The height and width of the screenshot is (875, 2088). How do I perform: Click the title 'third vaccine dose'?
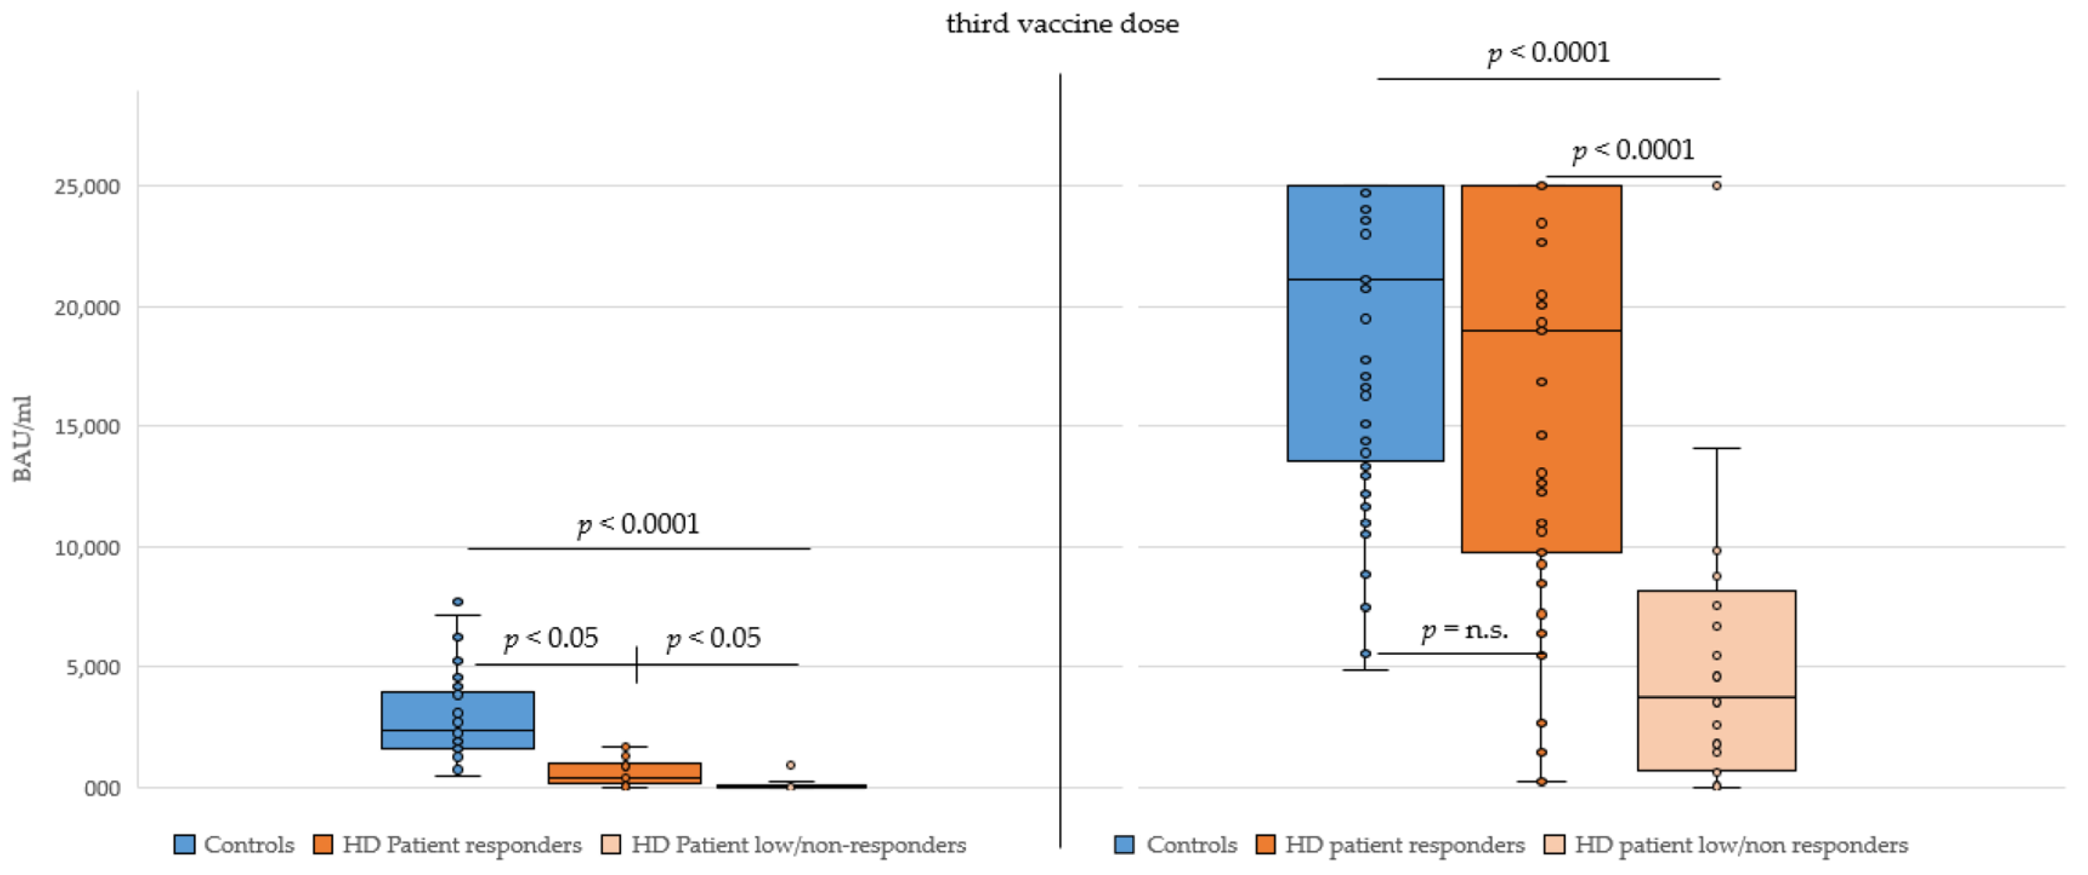(x=1062, y=24)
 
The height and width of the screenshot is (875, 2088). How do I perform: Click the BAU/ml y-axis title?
(x=22, y=438)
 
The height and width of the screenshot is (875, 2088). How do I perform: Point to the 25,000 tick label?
(x=87, y=187)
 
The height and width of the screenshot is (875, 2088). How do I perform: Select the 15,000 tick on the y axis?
(x=87, y=427)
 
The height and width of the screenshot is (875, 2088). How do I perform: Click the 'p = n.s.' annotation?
(x=1465, y=630)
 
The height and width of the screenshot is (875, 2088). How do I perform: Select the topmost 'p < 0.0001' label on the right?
(x=1548, y=53)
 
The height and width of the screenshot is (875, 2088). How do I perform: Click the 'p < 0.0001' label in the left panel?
(x=638, y=524)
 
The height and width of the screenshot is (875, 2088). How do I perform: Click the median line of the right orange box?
(x=1541, y=331)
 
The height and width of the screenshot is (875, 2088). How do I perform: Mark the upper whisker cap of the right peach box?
(x=1716, y=448)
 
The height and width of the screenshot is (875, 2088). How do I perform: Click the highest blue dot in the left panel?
(x=458, y=602)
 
